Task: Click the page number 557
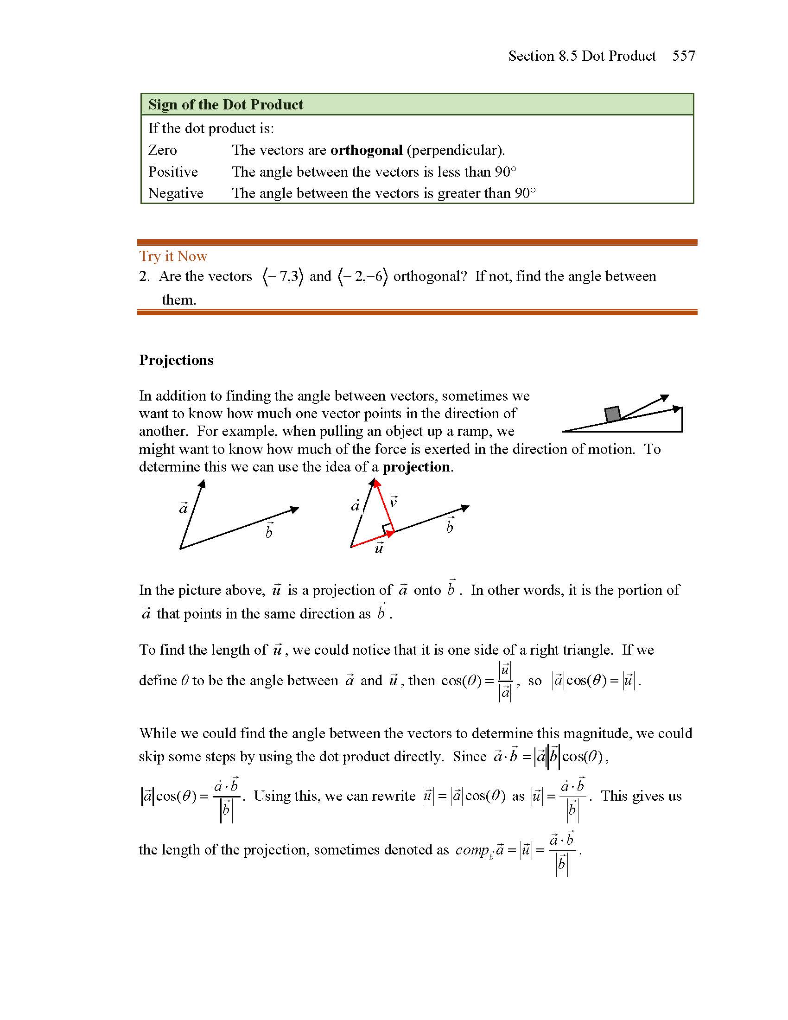coord(683,56)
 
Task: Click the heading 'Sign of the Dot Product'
coord(225,105)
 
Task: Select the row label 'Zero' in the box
coord(162,150)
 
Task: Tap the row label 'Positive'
coord(173,172)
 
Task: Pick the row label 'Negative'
coord(176,193)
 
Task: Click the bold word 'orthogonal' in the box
coord(366,150)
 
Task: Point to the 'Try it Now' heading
coord(173,256)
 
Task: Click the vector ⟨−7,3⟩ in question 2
coord(283,276)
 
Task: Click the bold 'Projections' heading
coord(176,360)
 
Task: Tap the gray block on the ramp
coord(612,414)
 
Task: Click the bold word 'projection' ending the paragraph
coord(416,467)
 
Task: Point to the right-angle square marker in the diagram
coord(388,529)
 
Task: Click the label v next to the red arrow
coord(393,502)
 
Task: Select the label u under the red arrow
coord(379,548)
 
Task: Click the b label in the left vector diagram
coord(269,531)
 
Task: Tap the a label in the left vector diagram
coord(183,508)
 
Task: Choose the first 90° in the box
coord(505,172)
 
